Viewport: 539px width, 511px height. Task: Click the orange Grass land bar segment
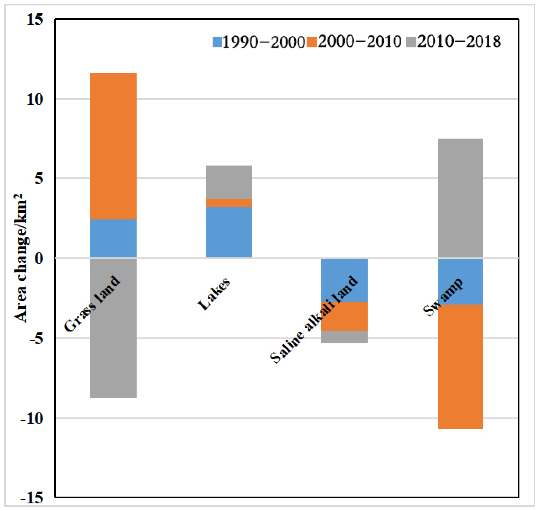coord(113,146)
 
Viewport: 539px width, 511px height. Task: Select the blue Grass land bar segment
coord(113,238)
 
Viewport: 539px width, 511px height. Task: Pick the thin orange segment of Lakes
coord(229,203)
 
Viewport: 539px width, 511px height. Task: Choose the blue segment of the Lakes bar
coord(229,232)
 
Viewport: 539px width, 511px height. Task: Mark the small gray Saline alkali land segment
coord(344,337)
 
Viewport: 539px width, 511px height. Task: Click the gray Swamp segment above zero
coord(460,198)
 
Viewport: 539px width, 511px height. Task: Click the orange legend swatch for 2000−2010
coord(312,42)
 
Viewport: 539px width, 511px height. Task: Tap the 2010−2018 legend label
coord(459,42)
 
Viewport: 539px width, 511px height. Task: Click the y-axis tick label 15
coord(35,20)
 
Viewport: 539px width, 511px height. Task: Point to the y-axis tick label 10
coord(35,99)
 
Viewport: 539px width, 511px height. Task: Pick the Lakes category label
coord(214,294)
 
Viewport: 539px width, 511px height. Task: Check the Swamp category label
coord(443,297)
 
